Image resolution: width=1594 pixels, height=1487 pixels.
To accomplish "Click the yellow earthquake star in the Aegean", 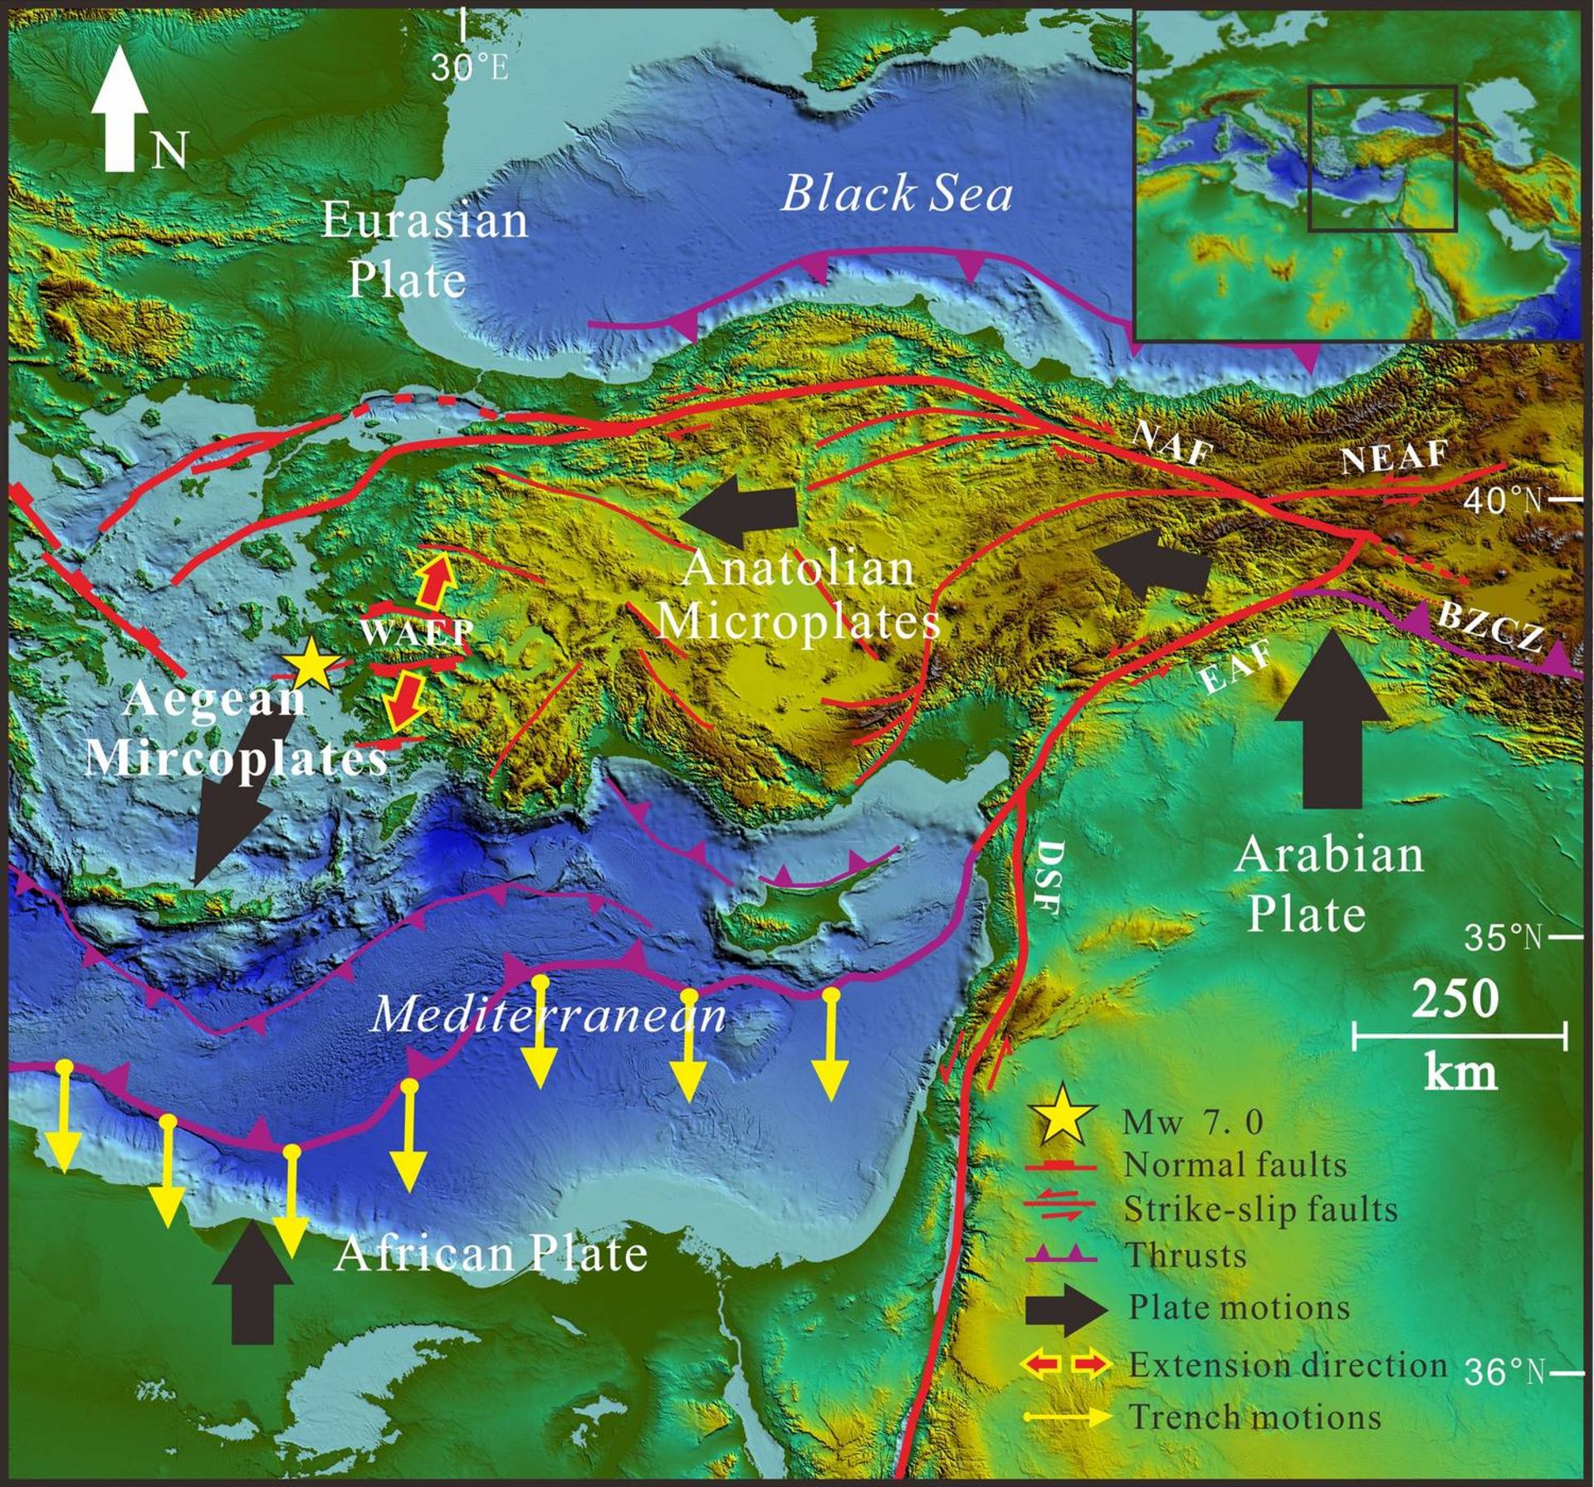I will click(310, 664).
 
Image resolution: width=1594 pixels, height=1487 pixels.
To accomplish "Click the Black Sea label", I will click(897, 196).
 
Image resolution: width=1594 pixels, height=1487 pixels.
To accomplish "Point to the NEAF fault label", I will click(1394, 457).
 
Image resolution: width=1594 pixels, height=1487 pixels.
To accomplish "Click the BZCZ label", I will click(1490, 626).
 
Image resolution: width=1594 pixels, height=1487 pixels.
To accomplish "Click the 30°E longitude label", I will click(470, 68).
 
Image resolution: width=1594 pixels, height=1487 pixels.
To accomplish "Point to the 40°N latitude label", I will click(1501, 500).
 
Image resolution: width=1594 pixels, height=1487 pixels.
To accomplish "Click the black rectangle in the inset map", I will click(1382, 158).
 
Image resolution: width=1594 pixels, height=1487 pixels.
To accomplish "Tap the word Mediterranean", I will click(548, 1015).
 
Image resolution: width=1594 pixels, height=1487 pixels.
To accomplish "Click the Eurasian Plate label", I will click(423, 249).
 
